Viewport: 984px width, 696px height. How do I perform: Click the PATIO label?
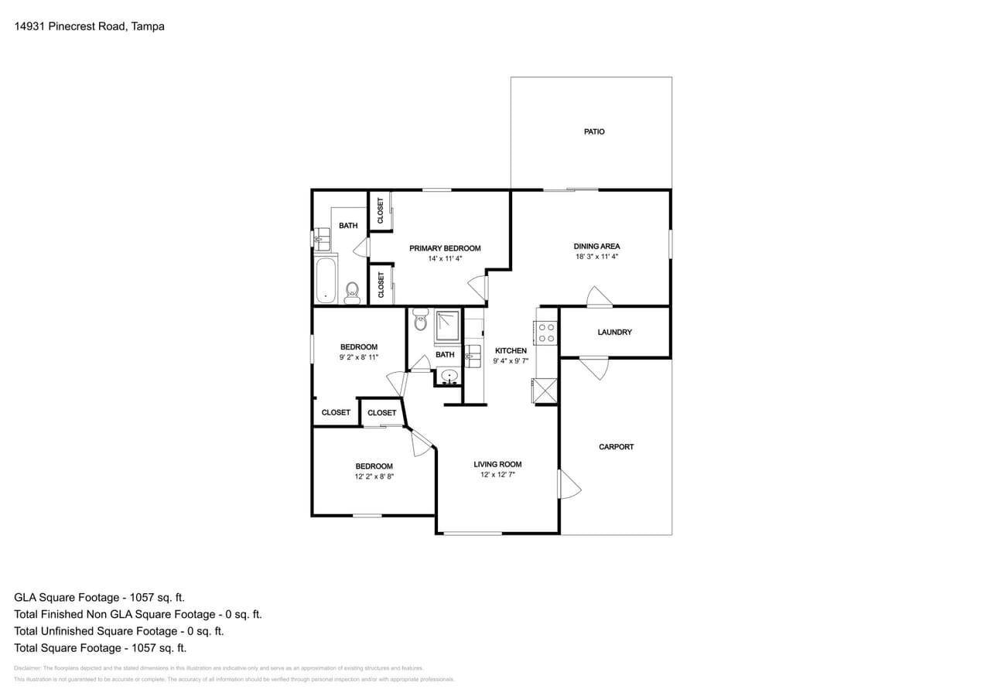coord(594,131)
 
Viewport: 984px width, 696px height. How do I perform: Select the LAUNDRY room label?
coord(615,332)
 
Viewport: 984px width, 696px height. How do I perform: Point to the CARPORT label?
coord(616,446)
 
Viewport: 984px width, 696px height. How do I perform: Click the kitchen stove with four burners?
coord(546,333)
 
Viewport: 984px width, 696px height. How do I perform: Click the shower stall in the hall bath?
coord(446,325)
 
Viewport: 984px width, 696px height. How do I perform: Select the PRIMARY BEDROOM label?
coord(445,248)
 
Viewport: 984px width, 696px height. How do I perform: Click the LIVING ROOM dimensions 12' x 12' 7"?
coord(497,474)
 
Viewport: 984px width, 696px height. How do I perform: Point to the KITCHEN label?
coord(511,350)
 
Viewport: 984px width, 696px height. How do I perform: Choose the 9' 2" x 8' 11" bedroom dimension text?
coord(358,357)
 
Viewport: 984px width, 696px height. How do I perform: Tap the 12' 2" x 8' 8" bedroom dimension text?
coord(374,476)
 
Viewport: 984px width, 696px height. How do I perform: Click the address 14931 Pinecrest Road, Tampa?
coord(89,26)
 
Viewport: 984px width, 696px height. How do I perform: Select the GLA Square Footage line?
coord(99,597)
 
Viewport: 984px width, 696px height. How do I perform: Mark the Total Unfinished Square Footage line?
coord(118,631)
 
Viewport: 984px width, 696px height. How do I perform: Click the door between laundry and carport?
coord(594,367)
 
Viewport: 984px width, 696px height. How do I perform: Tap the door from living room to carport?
coord(569,484)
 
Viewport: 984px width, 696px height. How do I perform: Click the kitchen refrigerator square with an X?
coord(545,391)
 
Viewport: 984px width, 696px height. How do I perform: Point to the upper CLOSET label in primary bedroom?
coord(380,210)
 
